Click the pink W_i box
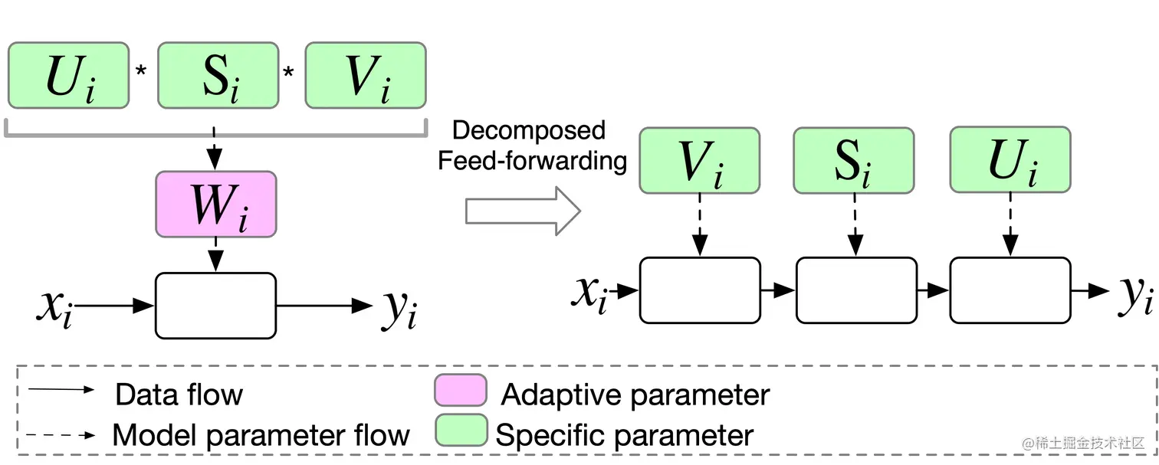click(x=215, y=204)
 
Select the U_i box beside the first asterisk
click(x=68, y=75)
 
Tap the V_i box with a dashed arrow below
click(x=699, y=159)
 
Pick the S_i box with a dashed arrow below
click(x=854, y=159)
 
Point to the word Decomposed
click(x=529, y=130)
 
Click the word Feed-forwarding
click(x=532, y=161)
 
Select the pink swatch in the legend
click(x=460, y=391)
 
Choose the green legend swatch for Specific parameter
click(x=461, y=430)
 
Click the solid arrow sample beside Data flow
click(x=61, y=390)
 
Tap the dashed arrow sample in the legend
click(x=61, y=434)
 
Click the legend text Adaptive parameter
click(x=635, y=395)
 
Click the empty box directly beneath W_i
click(x=215, y=305)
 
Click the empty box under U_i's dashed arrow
click(x=1010, y=290)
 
